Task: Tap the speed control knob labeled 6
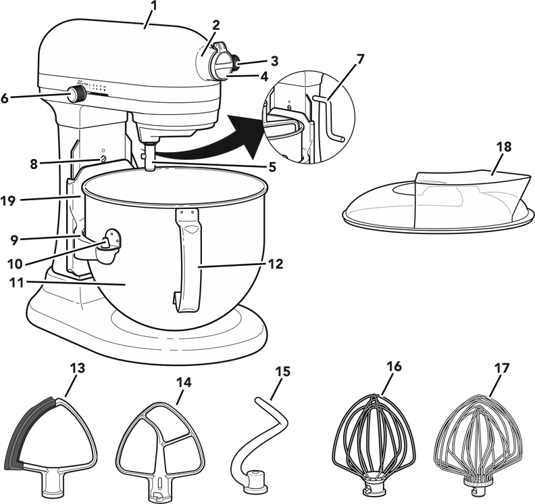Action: tap(77, 95)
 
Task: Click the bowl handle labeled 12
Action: tap(190, 264)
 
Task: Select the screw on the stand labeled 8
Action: tap(103, 158)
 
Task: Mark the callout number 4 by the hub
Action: tap(264, 76)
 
